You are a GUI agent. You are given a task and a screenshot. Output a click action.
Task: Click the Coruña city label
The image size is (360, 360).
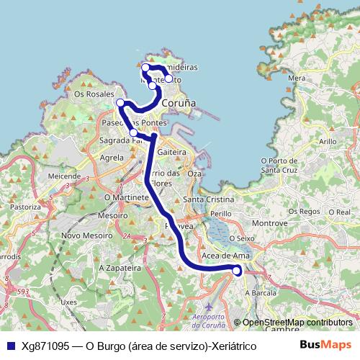pos(179,104)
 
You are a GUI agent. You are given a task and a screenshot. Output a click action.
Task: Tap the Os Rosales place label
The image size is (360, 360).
pos(94,94)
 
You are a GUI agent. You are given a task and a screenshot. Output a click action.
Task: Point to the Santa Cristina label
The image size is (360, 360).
pos(209,199)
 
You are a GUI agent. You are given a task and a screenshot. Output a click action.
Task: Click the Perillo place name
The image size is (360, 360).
pos(220,214)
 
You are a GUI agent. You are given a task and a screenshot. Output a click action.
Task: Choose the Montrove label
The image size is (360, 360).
pos(270,224)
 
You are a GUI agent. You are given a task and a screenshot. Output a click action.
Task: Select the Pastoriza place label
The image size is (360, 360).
pos(25,206)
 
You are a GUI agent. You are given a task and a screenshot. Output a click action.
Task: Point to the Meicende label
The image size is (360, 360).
pos(63,175)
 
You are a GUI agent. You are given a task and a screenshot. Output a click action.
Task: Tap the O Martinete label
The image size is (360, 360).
pos(126,196)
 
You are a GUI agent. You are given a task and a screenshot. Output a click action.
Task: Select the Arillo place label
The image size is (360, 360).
pos(327,143)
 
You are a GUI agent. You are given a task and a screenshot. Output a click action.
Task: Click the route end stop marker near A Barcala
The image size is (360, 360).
pos(237,270)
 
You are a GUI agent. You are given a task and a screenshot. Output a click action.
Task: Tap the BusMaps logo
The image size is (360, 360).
pos(325,345)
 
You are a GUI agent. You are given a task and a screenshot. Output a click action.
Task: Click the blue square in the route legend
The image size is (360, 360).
pos(10,346)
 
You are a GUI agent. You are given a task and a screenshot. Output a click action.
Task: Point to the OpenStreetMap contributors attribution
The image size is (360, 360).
pos(297,323)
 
